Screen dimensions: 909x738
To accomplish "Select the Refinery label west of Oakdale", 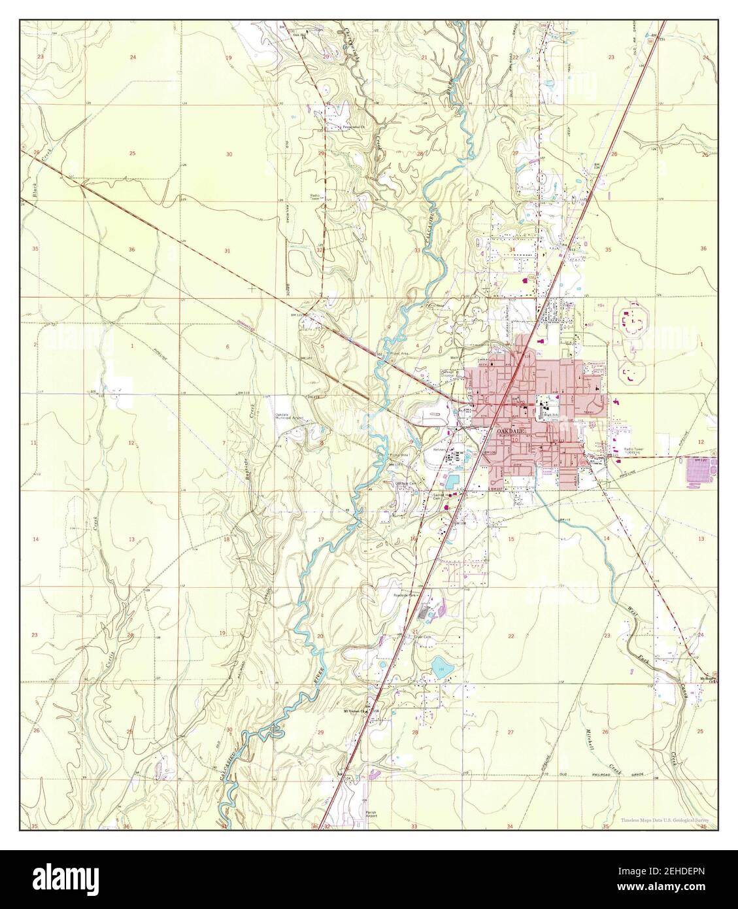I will click(x=439, y=450).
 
